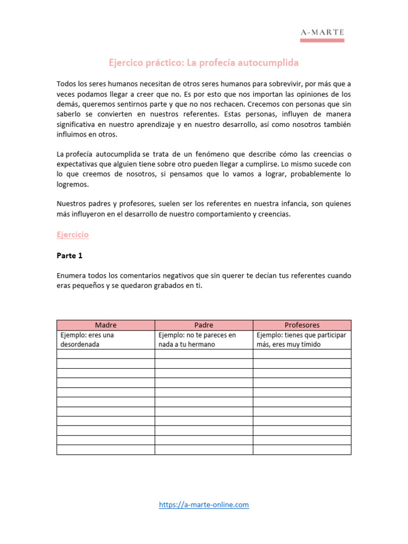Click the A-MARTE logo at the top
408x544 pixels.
[x=322, y=33]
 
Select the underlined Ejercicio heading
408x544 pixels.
[x=73, y=234]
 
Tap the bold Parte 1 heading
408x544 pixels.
[x=70, y=256]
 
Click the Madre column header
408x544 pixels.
[x=106, y=325]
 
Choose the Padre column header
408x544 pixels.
[x=203, y=325]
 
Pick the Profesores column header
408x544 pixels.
[x=302, y=325]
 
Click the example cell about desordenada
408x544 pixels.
[x=106, y=339]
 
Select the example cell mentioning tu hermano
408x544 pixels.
[x=203, y=339]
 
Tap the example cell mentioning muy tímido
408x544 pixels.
[x=302, y=339]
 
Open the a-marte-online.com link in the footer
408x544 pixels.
[x=204, y=505]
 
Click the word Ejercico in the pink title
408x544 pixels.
[x=126, y=63]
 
